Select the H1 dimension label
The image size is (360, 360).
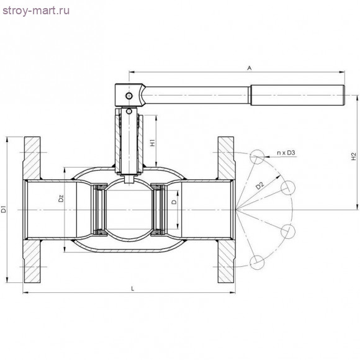coord(153,142)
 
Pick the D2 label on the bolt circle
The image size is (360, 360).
coord(260,184)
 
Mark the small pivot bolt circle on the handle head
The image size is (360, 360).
coord(128,96)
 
